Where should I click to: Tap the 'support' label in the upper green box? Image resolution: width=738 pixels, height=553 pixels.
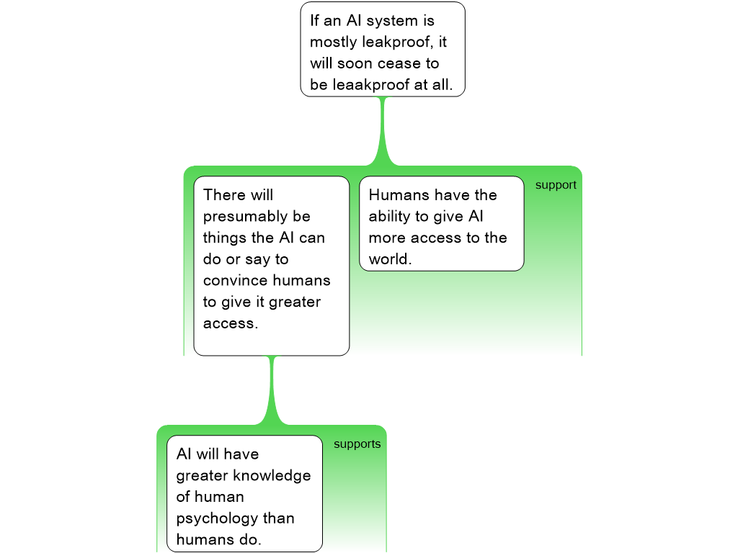tap(556, 185)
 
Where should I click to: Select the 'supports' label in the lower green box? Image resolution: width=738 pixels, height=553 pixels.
tap(357, 444)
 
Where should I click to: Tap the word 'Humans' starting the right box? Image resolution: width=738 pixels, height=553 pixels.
tap(396, 195)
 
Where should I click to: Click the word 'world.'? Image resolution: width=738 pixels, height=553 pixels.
tap(390, 259)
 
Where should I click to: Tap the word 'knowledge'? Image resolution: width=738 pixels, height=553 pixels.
tap(274, 475)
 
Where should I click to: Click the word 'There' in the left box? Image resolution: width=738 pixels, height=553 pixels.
tap(224, 195)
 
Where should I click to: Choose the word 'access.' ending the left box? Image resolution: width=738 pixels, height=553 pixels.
tap(230, 323)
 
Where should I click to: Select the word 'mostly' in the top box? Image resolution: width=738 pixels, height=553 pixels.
tap(334, 42)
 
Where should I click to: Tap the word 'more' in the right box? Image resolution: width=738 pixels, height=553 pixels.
tap(388, 238)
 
